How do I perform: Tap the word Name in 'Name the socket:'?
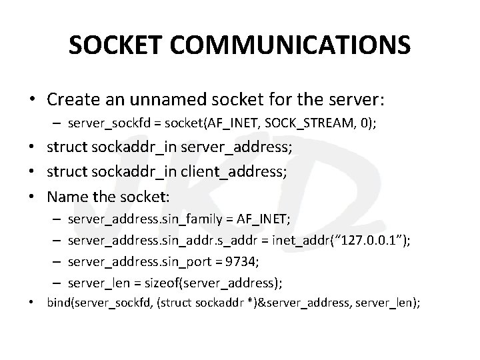64,198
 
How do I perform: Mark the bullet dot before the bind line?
33,303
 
